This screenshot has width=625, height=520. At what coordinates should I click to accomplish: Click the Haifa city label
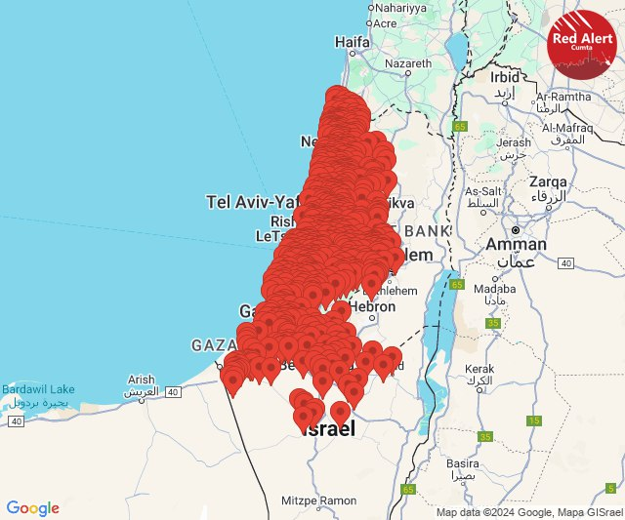point(352,43)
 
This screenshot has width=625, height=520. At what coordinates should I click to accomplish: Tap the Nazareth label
point(408,64)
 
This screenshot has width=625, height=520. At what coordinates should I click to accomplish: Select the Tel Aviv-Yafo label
point(250,202)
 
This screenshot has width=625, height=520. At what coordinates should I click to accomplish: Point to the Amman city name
point(517,244)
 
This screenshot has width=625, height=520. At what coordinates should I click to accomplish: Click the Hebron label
point(372,306)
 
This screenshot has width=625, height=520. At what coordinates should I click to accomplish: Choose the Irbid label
point(506,76)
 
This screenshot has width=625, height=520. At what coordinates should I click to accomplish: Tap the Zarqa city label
point(548,181)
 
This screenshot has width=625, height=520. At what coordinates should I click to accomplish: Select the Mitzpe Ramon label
point(319,500)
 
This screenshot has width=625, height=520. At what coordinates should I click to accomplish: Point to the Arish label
point(141,380)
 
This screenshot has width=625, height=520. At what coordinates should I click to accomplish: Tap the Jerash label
point(513,142)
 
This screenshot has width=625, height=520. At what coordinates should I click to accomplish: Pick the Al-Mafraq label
point(568,128)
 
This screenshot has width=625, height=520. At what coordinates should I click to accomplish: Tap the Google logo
point(32,508)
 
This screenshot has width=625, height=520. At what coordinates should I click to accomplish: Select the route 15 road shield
point(534,420)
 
